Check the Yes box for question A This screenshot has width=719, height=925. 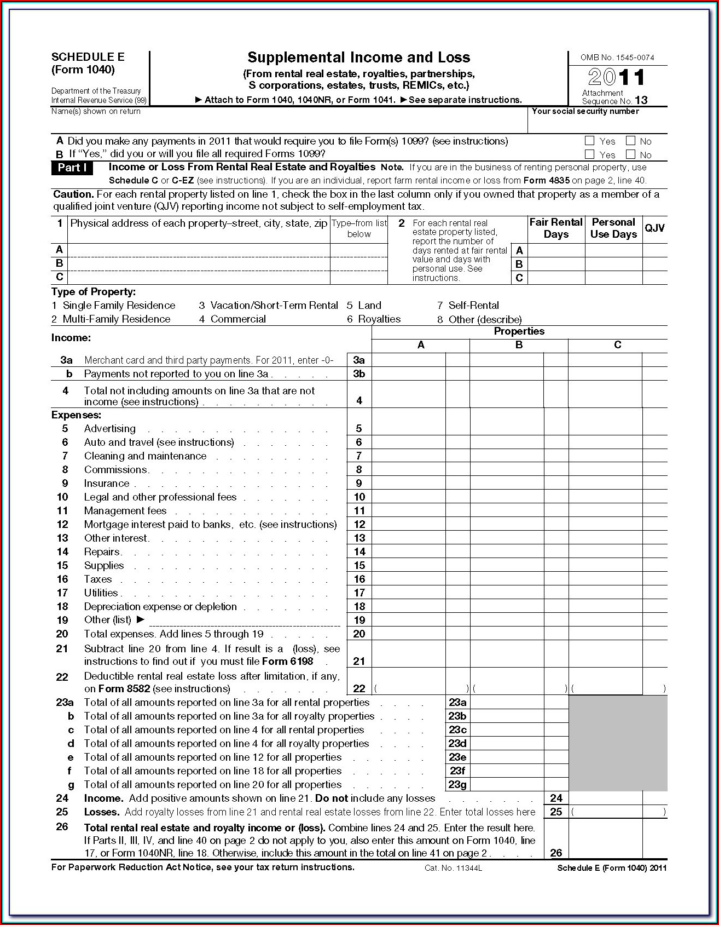589,141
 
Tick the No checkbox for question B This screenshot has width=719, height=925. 630,154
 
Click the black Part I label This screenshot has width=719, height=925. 72,168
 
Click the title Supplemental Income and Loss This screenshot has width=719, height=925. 358,58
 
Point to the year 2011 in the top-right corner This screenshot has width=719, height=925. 617,77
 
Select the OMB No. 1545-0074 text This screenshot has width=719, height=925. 617,58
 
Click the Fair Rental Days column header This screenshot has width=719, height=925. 555,228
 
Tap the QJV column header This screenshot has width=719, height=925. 654,228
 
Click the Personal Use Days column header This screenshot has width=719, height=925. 613,228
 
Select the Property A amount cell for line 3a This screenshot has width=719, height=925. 408,360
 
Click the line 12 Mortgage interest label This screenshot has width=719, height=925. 210,525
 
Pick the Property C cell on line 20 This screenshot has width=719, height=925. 605,634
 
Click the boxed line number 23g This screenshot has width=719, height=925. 457,785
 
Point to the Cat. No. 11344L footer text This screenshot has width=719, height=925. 453,868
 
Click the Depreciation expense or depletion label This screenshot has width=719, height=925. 160,607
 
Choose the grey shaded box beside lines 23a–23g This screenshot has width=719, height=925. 618,743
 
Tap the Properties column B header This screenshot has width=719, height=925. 519,345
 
